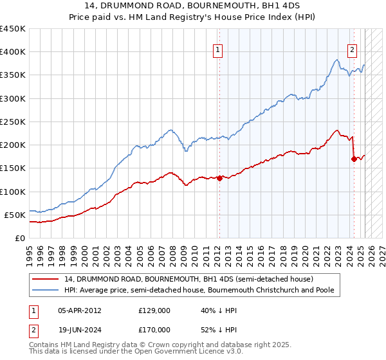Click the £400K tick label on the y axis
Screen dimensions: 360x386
pos(13,52)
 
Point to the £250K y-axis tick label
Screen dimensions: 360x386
pos(13,122)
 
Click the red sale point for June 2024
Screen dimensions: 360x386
pos(354,159)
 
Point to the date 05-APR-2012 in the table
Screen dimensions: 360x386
pos(80,310)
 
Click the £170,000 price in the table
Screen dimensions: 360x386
pos(154,329)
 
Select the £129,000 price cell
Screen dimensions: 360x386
pos(154,310)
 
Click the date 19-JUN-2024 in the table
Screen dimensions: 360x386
pos(80,329)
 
